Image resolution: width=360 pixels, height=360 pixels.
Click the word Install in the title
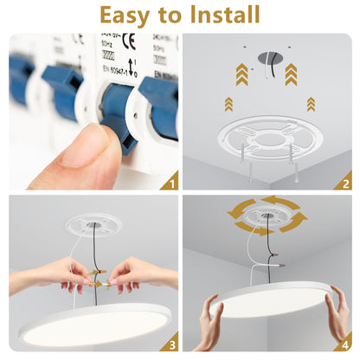point(216,15)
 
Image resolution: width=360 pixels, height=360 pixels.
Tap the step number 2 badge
point(344,182)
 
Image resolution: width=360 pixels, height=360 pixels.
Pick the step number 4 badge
point(344,343)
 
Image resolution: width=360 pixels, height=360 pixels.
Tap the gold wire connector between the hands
point(97,280)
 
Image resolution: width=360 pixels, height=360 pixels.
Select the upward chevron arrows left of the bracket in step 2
point(228,104)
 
